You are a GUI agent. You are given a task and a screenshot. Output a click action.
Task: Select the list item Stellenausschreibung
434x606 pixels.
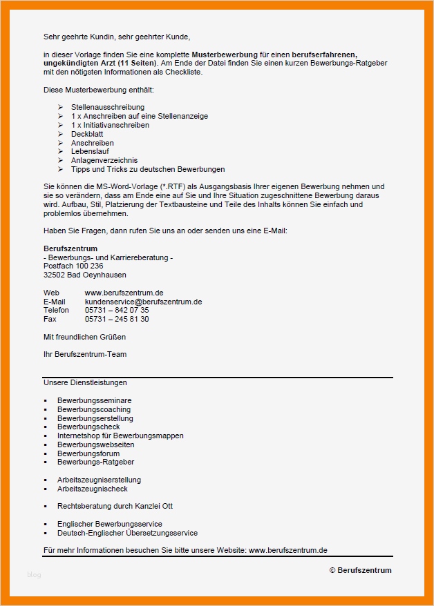(108, 108)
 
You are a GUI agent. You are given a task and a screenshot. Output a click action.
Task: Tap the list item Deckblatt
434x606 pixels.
(86, 135)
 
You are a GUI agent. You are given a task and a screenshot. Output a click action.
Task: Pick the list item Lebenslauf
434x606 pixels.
(90, 152)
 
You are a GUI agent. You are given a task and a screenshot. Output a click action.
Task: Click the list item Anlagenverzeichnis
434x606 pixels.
(104, 160)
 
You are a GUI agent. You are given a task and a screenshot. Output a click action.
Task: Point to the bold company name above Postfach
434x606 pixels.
(70, 248)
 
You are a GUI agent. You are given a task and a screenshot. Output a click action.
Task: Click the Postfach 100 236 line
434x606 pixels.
(73, 266)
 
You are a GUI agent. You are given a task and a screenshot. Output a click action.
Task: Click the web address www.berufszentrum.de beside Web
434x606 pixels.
(124, 293)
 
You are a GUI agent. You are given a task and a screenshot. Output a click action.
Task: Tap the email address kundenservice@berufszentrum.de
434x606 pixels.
(143, 302)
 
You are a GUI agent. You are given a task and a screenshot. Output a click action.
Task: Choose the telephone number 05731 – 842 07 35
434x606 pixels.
(117, 311)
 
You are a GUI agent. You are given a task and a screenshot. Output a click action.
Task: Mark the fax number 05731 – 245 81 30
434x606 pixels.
(117, 320)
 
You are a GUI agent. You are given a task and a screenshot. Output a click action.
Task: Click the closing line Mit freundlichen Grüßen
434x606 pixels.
(84, 338)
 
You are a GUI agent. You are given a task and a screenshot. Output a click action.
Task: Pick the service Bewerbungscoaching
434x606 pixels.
(94, 409)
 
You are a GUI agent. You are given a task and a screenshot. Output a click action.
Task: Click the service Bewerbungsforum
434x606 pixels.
(88, 453)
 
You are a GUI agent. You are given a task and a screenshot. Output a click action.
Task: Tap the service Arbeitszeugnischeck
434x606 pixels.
(93, 489)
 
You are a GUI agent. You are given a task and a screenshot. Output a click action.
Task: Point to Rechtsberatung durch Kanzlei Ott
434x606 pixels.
(115, 507)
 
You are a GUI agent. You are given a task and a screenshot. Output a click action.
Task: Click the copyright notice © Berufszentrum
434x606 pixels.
(360, 570)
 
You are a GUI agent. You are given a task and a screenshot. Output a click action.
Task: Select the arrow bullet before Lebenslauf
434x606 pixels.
(61, 152)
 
